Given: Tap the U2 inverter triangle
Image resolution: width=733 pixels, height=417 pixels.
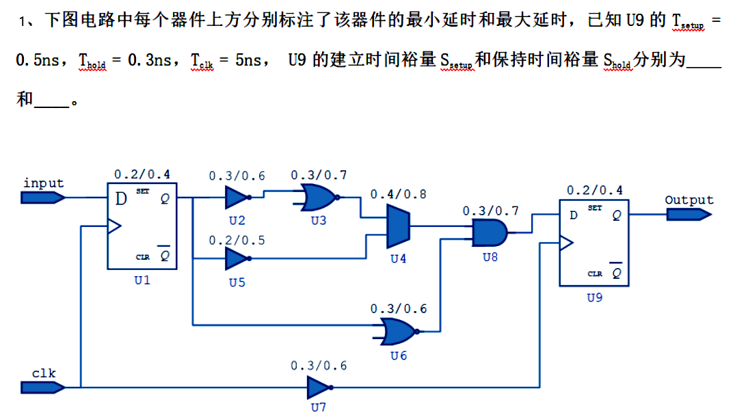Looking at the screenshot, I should pyautogui.click(x=236, y=198).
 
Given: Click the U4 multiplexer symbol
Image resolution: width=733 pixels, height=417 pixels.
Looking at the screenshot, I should pyautogui.click(x=398, y=227).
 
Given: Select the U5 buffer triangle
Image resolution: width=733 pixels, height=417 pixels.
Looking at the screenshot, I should pyautogui.click(x=236, y=258).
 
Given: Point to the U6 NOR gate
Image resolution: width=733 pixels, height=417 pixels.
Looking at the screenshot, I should pyautogui.click(x=397, y=332).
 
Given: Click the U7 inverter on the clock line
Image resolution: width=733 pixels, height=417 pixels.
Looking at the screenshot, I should pyautogui.click(x=317, y=388).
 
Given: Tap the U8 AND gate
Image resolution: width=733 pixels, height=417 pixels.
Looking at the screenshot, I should pyautogui.click(x=490, y=233).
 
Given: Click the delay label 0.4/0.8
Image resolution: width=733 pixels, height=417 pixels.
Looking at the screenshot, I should pyautogui.click(x=398, y=195).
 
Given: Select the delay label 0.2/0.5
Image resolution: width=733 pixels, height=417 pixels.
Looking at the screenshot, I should pyautogui.click(x=237, y=240).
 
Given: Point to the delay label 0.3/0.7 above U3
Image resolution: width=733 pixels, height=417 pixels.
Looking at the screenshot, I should pyautogui.click(x=319, y=175).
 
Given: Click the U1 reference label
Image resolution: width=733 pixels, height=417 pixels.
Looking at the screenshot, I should pyautogui.click(x=142, y=280).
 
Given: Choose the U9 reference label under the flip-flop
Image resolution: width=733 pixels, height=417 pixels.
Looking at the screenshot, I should pyautogui.click(x=594, y=297).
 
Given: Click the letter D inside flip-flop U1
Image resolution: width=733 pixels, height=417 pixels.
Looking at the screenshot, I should pyautogui.click(x=121, y=199).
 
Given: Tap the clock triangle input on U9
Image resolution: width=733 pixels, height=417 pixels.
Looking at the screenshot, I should pyautogui.click(x=565, y=242).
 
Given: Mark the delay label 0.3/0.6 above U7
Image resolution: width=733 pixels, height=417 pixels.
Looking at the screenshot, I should pyautogui.click(x=319, y=366).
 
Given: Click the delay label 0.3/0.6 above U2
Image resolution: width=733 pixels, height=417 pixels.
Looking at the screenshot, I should pyautogui.click(x=237, y=176).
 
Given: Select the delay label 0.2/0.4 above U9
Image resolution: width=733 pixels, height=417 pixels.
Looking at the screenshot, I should pyautogui.click(x=594, y=190).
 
